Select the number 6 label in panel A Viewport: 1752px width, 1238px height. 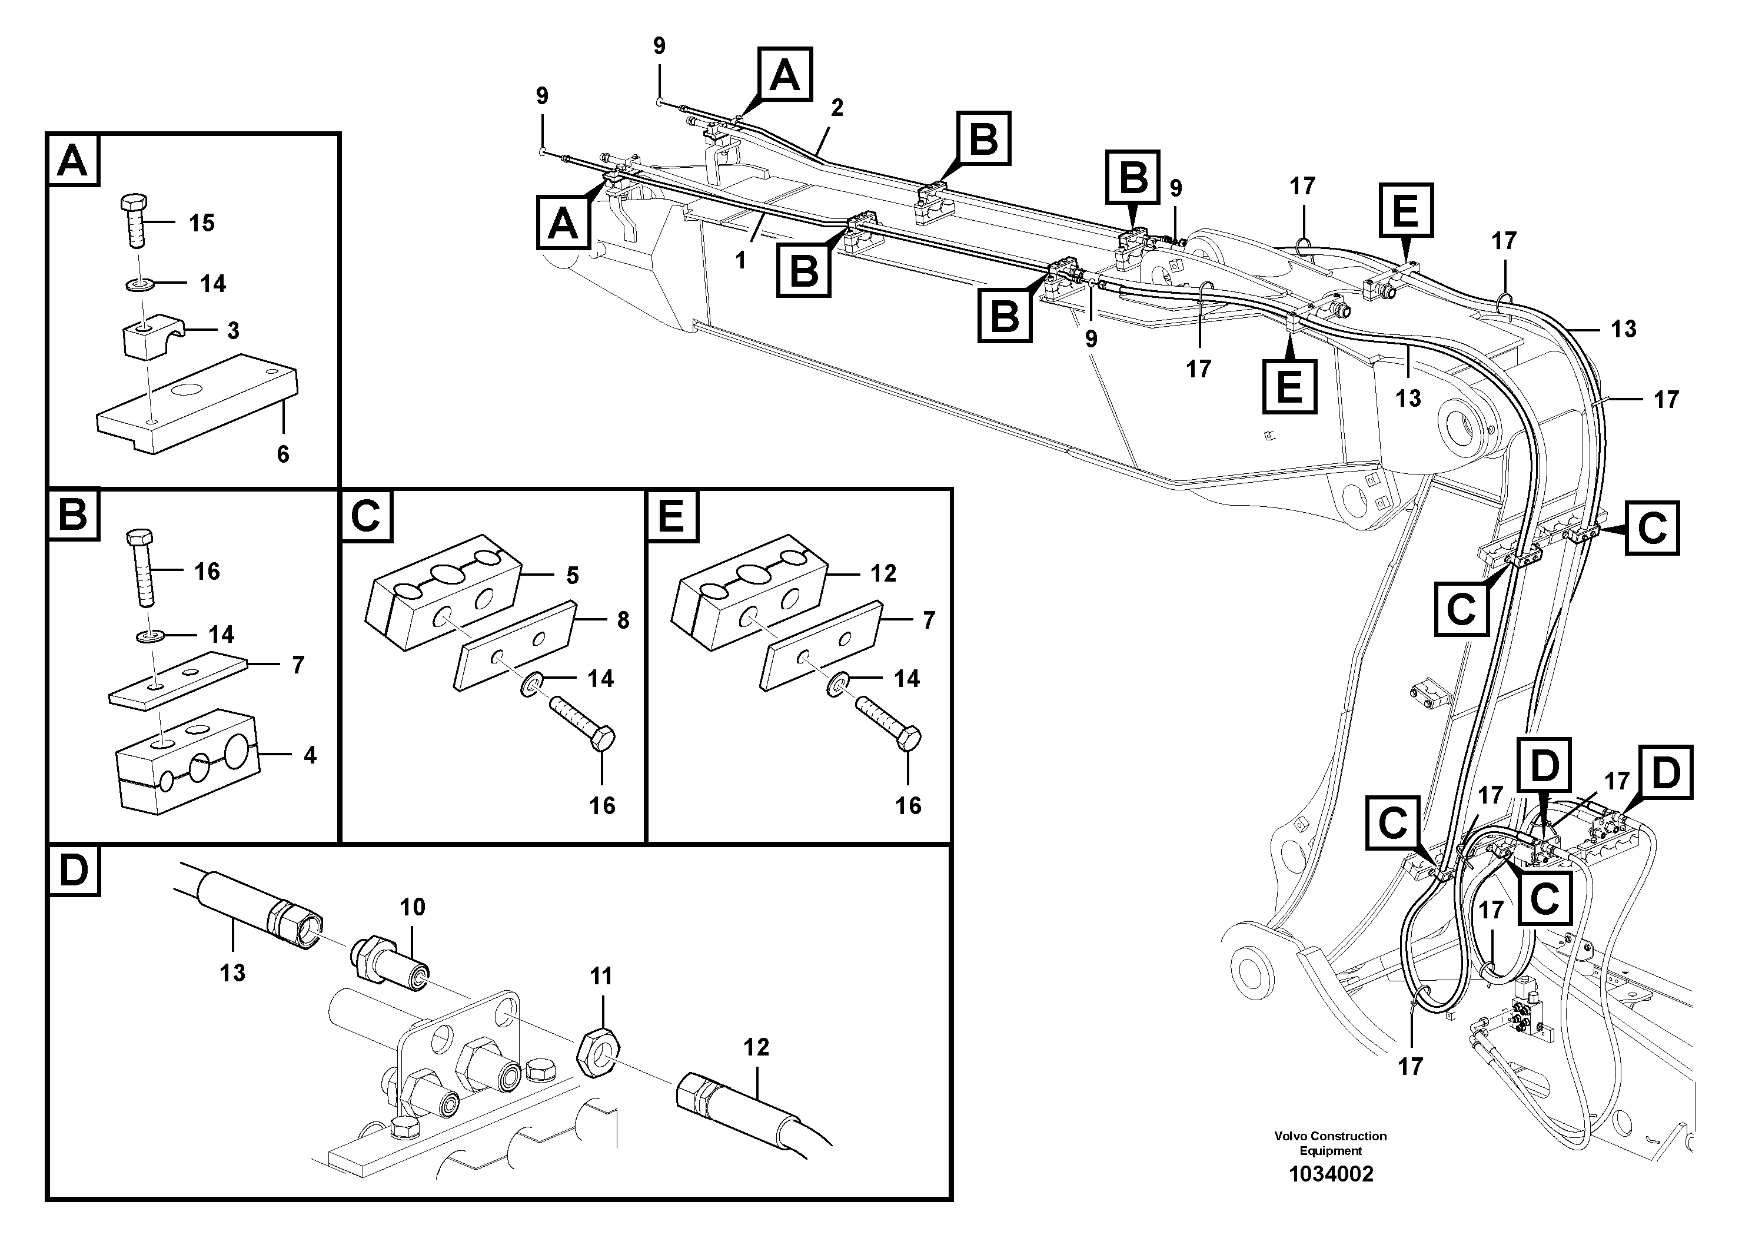point(283,455)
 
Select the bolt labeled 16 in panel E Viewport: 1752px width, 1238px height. point(888,723)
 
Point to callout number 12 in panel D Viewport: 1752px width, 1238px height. point(756,1047)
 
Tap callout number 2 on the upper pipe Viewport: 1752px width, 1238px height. point(836,108)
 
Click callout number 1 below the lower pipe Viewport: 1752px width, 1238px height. point(740,260)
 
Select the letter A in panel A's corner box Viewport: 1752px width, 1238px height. point(73,161)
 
